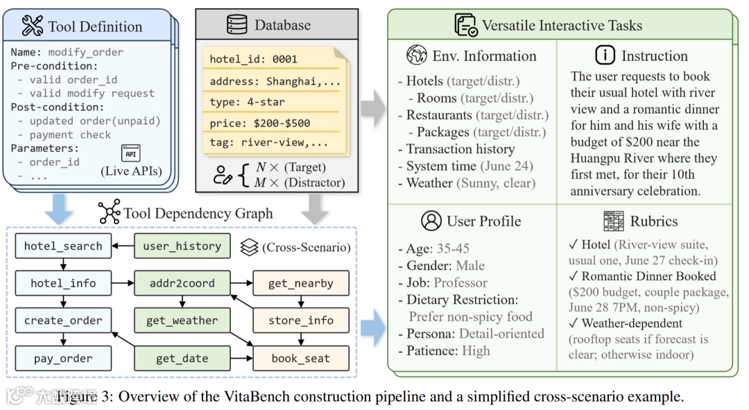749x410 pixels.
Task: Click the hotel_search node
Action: [62, 246]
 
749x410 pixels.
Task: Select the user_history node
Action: [182, 246]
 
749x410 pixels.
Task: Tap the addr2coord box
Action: [182, 283]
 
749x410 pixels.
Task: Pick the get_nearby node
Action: [301, 283]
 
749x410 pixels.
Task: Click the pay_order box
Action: [62, 359]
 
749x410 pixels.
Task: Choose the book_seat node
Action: [301, 359]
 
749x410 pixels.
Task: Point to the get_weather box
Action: [182, 321]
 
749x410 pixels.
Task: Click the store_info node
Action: [301, 321]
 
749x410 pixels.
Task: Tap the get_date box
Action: [182, 359]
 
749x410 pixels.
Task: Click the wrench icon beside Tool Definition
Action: [33, 26]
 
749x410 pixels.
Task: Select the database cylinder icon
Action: [237, 25]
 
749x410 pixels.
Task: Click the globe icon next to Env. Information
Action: [417, 55]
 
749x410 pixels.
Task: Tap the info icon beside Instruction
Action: [605, 55]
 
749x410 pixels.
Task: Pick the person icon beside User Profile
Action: [431, 221]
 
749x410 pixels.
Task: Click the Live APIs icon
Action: [130, 155]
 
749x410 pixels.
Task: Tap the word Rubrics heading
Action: [653, 221]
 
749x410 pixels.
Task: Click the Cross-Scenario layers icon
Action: [249, 246]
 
